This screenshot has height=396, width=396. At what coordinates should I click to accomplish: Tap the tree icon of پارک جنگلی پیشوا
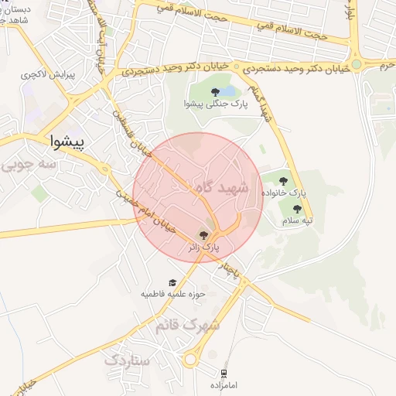point(215,92)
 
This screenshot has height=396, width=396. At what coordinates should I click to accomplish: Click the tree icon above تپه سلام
point(298,208)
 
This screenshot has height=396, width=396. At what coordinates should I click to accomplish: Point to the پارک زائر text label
point(204,247)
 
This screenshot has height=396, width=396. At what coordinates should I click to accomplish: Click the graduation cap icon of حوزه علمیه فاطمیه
point(172,282)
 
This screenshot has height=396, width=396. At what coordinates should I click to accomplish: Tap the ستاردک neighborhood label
point(131,360)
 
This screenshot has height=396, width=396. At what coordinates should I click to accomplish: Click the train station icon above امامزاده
point(224,373)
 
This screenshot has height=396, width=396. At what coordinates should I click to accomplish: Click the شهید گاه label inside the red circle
point(221,189)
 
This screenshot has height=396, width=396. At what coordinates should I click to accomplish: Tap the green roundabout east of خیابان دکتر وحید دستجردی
point(357,65)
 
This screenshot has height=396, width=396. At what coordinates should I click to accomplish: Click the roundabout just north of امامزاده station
point(191,359)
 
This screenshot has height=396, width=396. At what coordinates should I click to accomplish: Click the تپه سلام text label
point(297,221)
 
